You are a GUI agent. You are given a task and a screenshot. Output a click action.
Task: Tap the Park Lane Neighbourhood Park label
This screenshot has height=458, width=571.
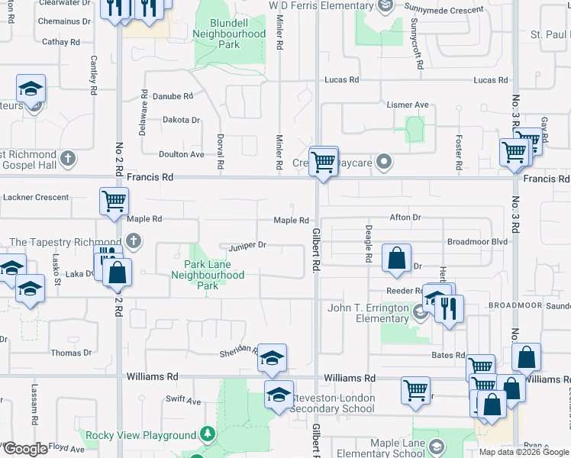pyautogui.click(x=208, y=275)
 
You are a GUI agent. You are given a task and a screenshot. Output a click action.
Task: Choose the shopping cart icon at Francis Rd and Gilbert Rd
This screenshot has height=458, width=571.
pyautogui.click(x=324, y=161)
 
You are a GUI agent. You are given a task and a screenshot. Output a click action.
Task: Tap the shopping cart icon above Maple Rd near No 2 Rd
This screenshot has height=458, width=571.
pyautogui.click(x=114, y=202)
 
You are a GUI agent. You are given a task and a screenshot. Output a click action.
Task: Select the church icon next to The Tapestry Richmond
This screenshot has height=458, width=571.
pyautogui.click(x=134, y=243)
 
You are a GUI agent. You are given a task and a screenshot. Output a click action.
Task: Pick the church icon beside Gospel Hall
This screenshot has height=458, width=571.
pyautogui.click(x=68, y=159)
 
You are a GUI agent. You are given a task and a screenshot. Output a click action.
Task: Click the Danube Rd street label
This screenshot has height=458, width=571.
pyautogui.click(x=173, y=97)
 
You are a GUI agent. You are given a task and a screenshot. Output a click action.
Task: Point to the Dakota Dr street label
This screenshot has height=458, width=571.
pyautogui.click(x=181, y=120)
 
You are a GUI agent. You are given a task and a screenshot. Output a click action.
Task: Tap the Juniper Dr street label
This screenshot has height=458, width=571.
pyautogui.click(x=247, y=245)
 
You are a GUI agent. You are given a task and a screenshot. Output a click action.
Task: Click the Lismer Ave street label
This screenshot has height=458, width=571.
pyautogui.click(x=408, y=105)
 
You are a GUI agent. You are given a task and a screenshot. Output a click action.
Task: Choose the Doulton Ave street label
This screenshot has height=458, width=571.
pyautogui.click(x=181, y=154)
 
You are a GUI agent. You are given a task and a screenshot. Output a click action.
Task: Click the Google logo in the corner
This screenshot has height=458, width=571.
pyautogui.click(x=25, y=449)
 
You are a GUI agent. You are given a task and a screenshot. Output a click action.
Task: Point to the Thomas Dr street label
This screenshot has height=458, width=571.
pyautogui.click(x=71, y=353)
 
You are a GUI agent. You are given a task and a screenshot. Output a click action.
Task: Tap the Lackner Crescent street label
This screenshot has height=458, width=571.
pyautogui.click(x=36, y=197)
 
